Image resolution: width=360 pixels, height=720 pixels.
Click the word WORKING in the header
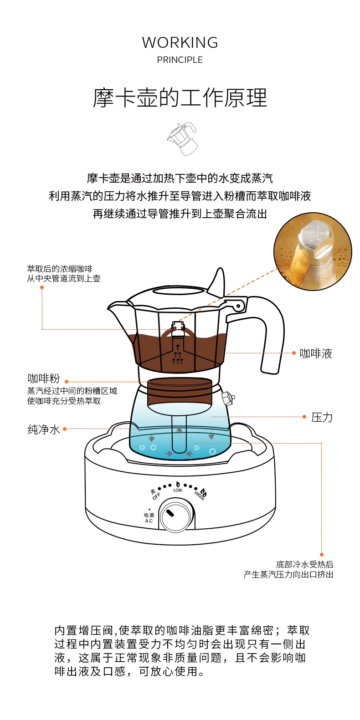click(x=180, y=43)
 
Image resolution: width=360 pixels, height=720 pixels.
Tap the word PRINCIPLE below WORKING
click(x=180, y=60)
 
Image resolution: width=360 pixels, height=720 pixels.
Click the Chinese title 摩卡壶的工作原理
click(x=180, y=98)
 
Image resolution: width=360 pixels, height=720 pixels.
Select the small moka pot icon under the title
click(x=182, y=138)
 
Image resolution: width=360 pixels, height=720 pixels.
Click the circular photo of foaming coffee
click(x=313, y=251)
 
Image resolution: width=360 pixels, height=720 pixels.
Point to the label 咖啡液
click(x=316, y=353)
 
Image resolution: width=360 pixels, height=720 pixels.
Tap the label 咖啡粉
click(x=44, y=378)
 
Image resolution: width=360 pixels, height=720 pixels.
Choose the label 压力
click(x=322, y=417)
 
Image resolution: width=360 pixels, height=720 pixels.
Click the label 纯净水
click(x=44, y=429)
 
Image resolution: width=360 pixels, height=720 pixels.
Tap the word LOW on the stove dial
click(x=178, y=490)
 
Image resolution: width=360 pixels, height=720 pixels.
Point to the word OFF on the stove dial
click(x=156, y=496)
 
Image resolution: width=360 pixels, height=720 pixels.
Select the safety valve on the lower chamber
click(x=227, y=397)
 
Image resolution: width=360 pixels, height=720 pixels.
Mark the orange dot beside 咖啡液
click(x=294, y=353)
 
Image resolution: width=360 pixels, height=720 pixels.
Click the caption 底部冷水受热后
click(x=304, y=565)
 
